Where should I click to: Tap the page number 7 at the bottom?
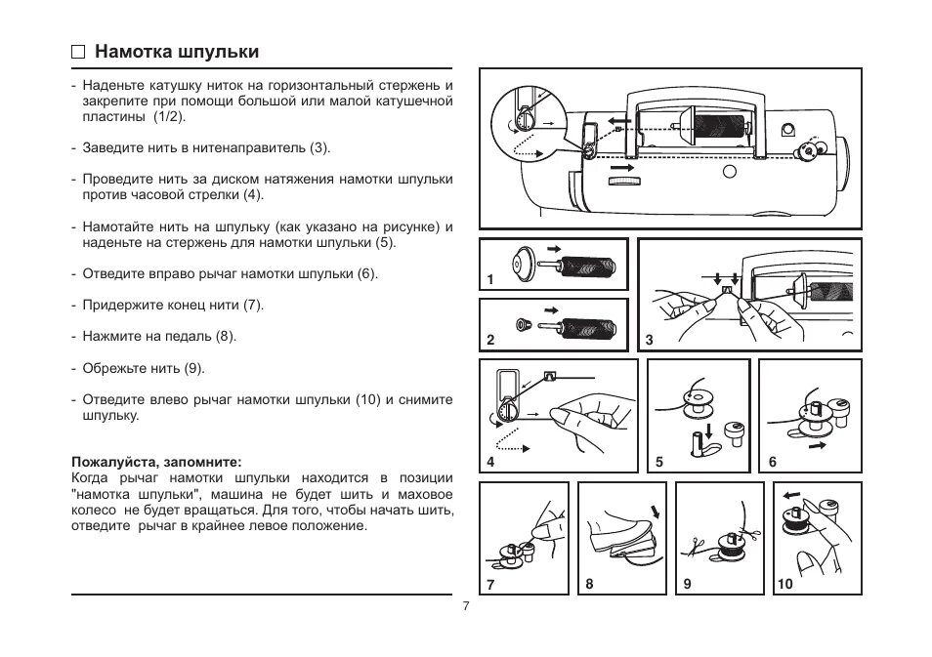pos(466,606)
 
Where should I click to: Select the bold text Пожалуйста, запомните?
pos(156,461)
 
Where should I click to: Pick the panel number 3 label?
pos(650,341)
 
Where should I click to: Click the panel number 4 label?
pos(491,462)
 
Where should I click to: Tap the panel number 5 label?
pos(659,462)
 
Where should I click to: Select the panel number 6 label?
pos(772,462)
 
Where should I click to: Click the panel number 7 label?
pos(490,584)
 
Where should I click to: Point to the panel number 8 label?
pos(589,584)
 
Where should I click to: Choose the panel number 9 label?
pos(688,584)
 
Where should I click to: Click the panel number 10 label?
pos(784,584)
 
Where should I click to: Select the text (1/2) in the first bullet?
pos(167,116)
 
